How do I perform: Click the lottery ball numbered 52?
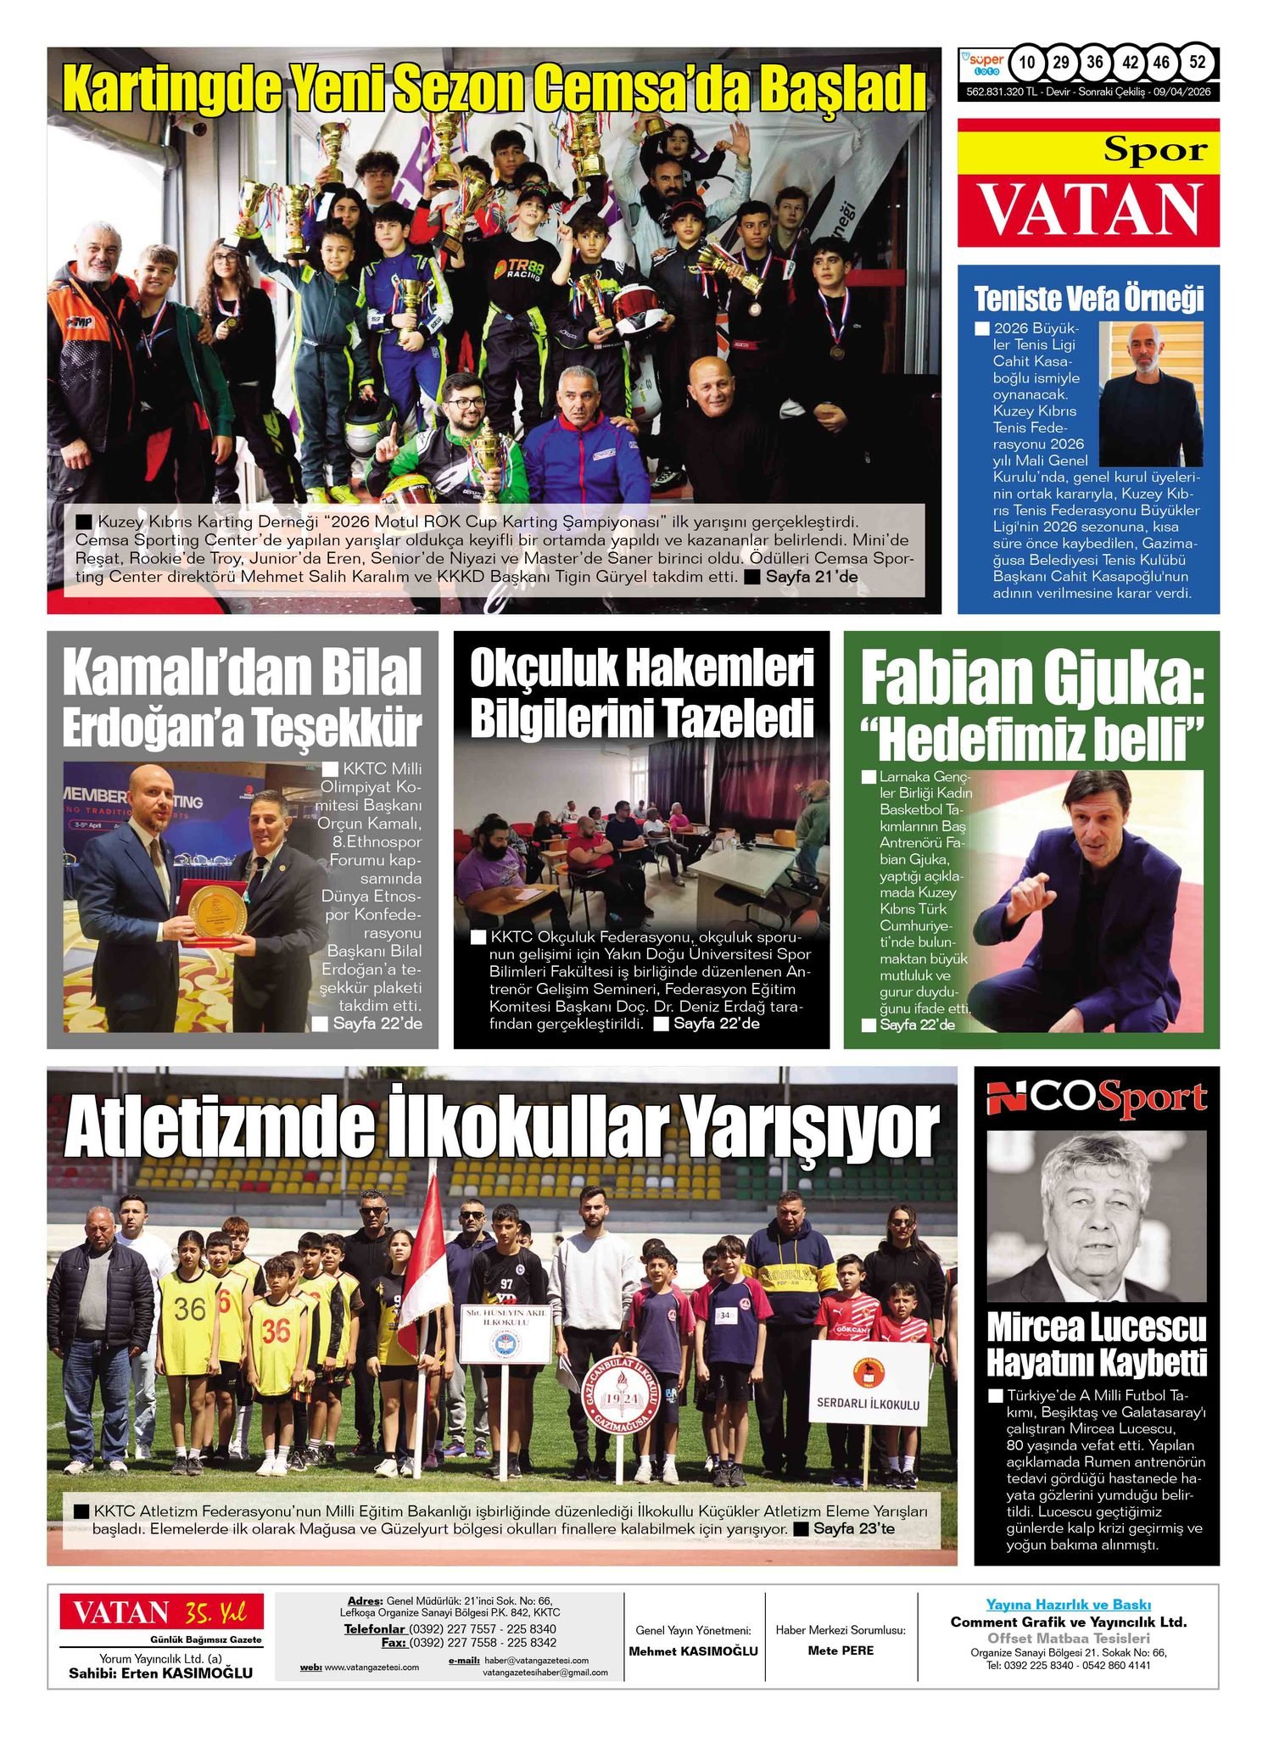click(1197, 62)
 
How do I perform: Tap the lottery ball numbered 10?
click(1027, 62)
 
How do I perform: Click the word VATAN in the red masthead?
click(1089, 208)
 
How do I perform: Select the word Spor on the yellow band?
click(1154, 150)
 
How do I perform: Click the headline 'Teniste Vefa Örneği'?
click(1088, 299)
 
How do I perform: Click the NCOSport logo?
click(1096, 1099)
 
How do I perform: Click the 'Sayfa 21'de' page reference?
click(811, 577)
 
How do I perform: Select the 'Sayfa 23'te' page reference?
click(853, 1528)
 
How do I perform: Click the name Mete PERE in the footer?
click(841, 1650)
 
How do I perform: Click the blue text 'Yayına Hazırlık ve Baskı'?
click(1068, 1605)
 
